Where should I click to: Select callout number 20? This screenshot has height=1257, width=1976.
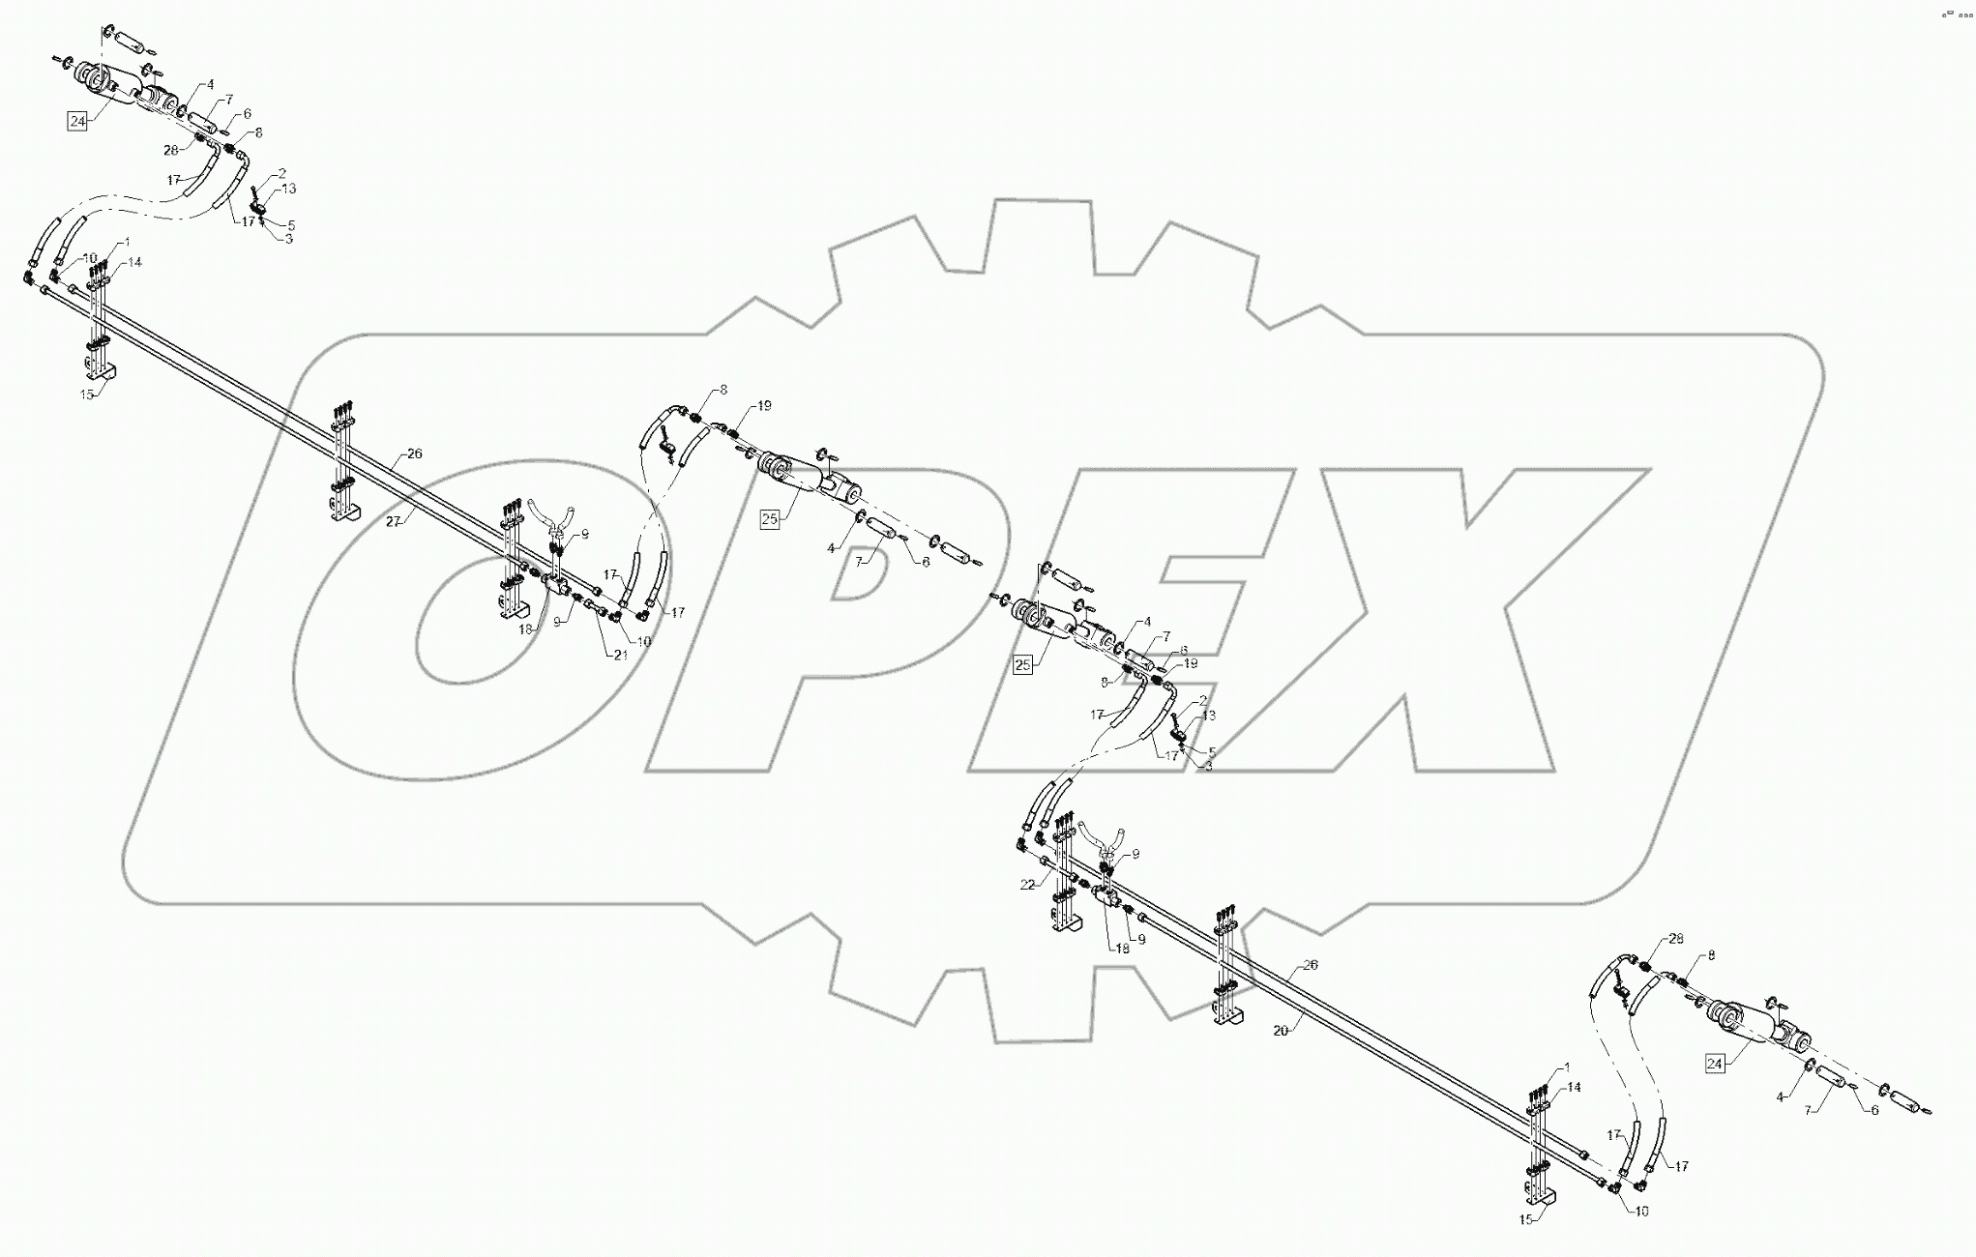1281,1031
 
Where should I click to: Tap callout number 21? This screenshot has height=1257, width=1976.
620,655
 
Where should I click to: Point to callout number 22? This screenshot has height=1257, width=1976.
1027,885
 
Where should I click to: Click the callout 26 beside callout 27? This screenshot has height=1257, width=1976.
414,453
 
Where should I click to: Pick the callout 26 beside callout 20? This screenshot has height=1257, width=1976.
1311,965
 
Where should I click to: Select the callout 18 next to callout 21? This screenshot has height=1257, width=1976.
526,628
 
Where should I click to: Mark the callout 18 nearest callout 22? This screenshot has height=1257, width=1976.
1122,949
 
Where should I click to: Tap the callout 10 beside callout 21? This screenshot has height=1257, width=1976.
644,641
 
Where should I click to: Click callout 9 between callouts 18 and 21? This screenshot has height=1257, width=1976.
558,623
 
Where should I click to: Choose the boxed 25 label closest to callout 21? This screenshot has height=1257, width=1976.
770,519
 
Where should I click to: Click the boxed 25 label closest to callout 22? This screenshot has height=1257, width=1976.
1022,664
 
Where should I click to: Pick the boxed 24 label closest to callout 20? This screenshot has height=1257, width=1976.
1715,1065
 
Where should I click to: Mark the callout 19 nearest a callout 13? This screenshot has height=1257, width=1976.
1191,663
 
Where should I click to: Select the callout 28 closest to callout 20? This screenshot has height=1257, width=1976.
1676,939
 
